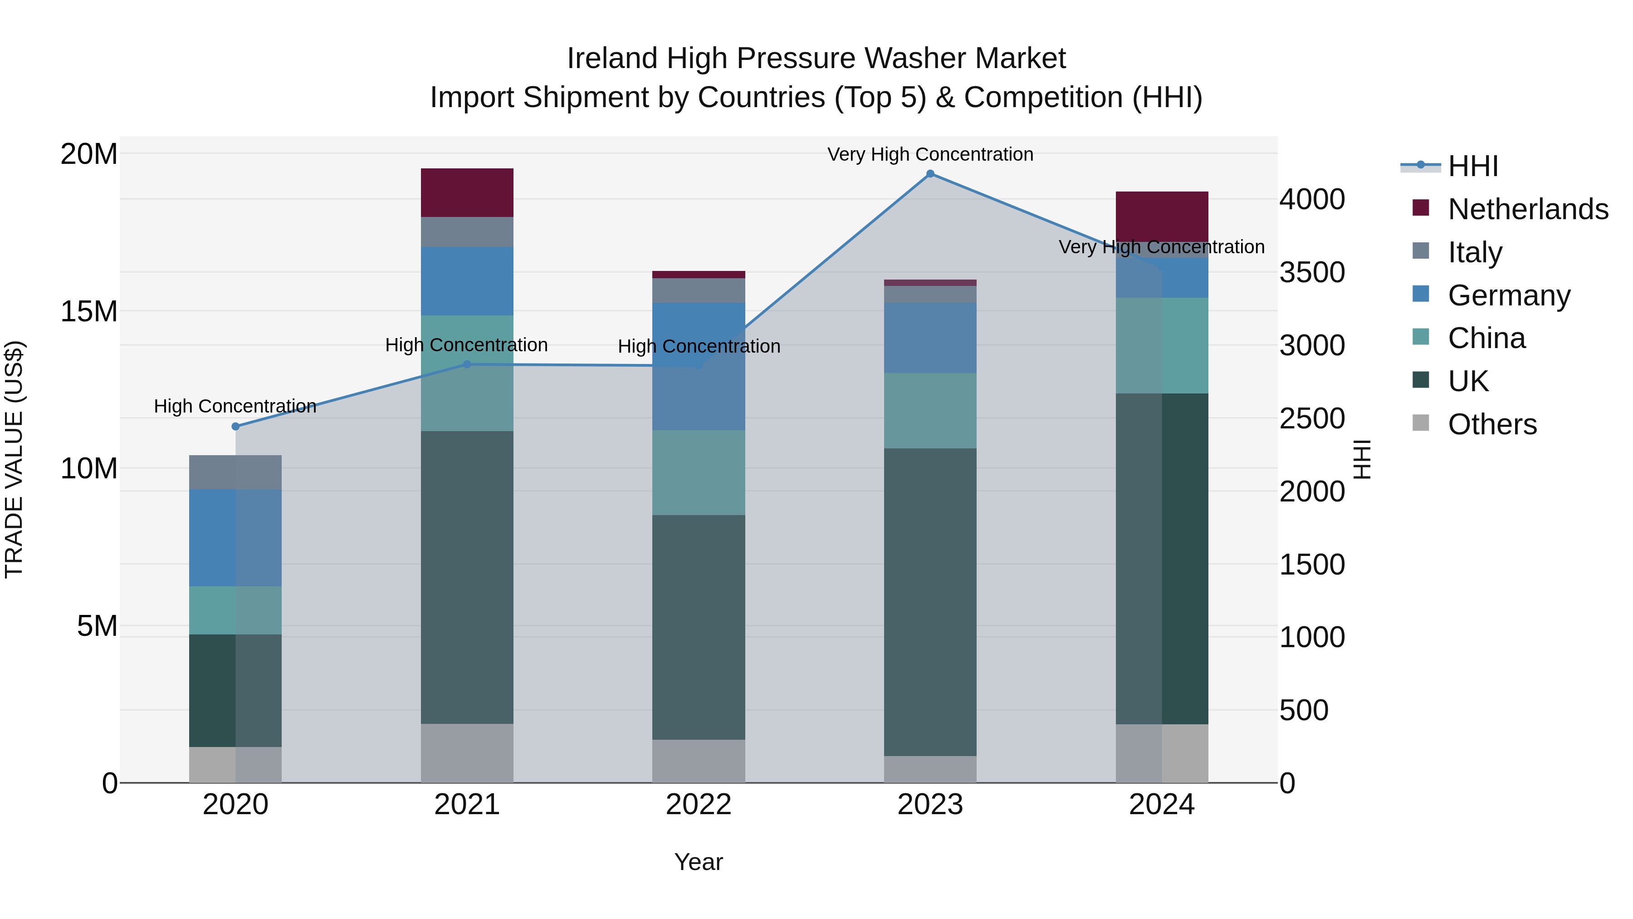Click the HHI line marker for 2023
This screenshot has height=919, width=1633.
(x=930, y=174)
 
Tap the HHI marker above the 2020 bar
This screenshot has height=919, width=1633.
(x=235, y=426)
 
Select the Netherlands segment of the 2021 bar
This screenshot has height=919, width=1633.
(x=467, y=193)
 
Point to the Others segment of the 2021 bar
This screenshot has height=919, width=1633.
(x=467, y=753)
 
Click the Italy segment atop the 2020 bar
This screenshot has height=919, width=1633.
(x=235, y=472)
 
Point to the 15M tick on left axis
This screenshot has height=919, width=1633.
(x=89, y=311)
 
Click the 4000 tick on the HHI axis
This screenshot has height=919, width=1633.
(x=1311, y=199)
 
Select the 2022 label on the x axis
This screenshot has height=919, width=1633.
(x=699, y=805)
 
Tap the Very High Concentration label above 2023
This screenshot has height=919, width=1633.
(x=930, y=154)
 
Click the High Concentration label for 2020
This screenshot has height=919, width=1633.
(x=235, y=406)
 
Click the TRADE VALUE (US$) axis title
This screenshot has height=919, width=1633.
(x=14, y=459)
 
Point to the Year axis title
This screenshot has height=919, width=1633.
(x=699, y=862)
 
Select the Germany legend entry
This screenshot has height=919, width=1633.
(x=1509, y=295)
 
